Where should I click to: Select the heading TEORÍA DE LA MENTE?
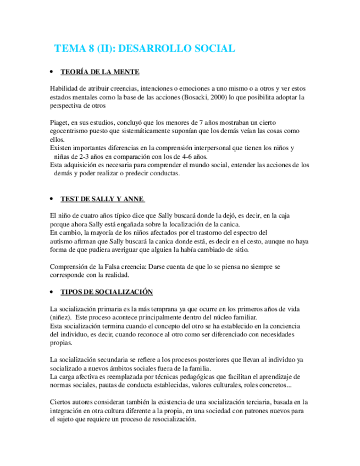99,73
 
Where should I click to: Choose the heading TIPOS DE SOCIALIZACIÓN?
107,292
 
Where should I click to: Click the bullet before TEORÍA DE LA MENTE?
51,73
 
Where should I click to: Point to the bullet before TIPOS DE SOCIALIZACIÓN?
51,292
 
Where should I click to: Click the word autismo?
62,241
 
